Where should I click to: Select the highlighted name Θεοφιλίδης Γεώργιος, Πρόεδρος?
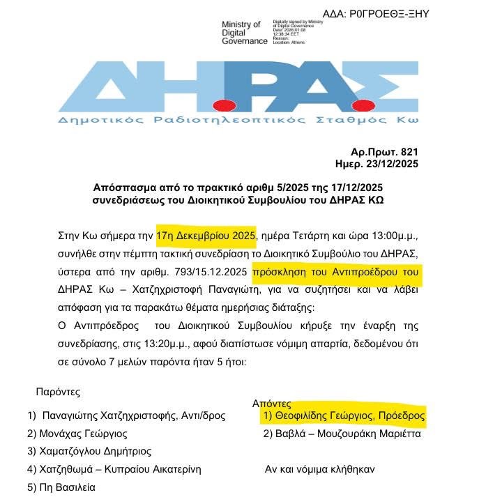point(343,415)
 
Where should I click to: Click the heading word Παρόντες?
point(58,392)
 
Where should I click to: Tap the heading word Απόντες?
point(271,404)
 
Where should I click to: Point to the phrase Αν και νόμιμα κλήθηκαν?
point(319,469)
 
